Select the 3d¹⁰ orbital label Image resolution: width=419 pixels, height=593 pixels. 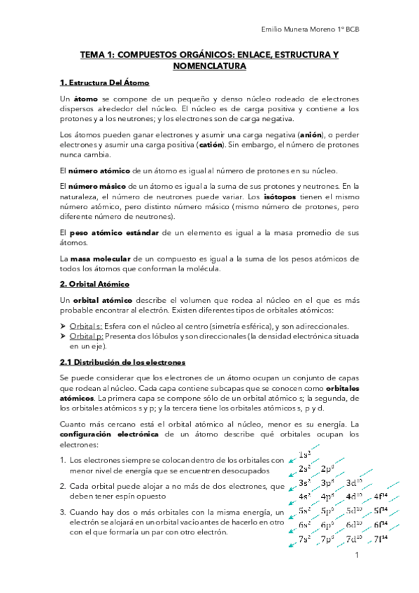pos(354,483)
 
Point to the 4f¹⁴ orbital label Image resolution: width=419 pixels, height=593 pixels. pos(381,496)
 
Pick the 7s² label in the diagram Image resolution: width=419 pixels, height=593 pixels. pos(305,539)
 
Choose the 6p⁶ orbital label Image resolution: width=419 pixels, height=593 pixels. pos(327,525)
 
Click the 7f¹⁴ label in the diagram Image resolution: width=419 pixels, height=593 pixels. pos(381,539)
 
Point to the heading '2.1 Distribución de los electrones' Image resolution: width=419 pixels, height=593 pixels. pos(123,362)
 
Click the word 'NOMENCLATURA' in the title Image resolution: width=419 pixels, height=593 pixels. pos(208,66)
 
